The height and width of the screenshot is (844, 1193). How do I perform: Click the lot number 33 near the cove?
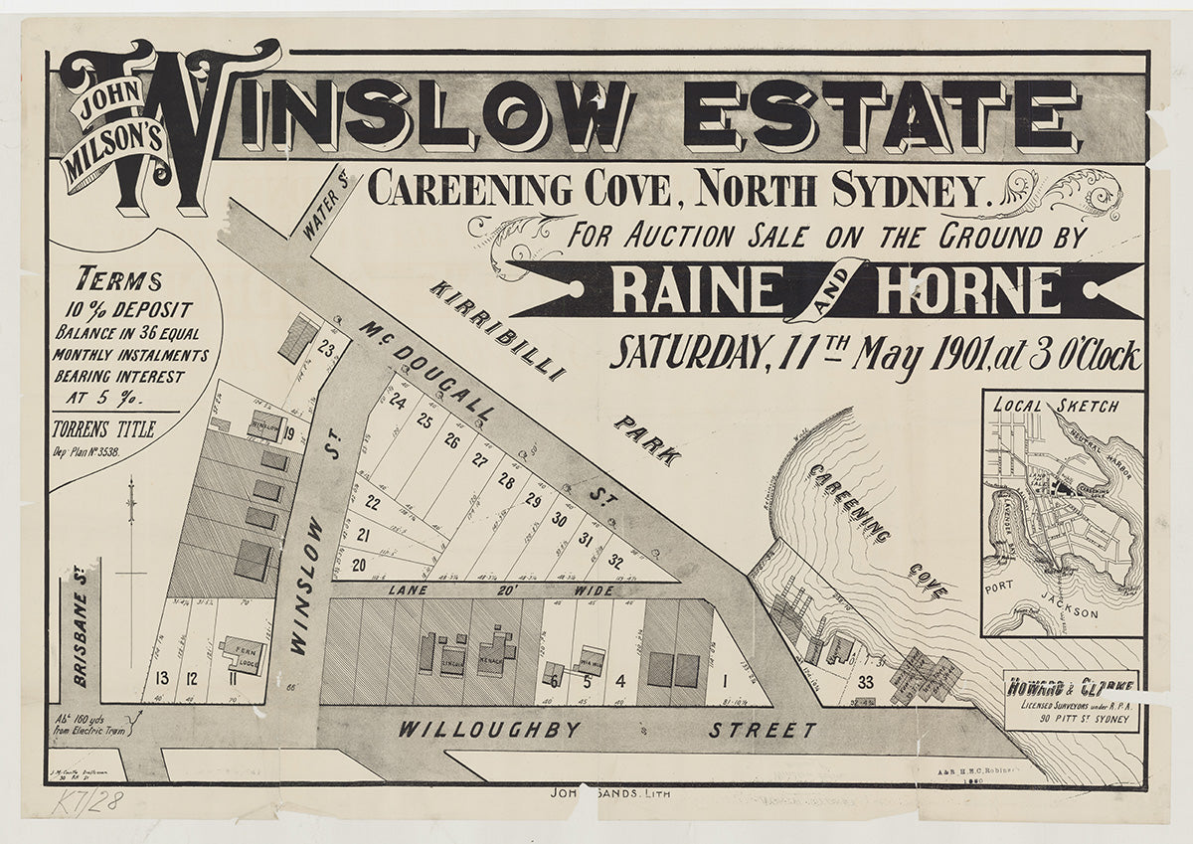click(x=866, y=682)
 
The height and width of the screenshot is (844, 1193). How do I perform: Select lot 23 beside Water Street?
click(x=325, y=348)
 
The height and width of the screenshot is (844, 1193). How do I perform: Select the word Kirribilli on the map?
click(x=497, y=330)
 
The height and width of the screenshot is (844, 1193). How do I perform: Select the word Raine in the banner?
click(x=696, y=290)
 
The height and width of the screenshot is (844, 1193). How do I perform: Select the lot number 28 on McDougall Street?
click(x=506, y=482)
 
